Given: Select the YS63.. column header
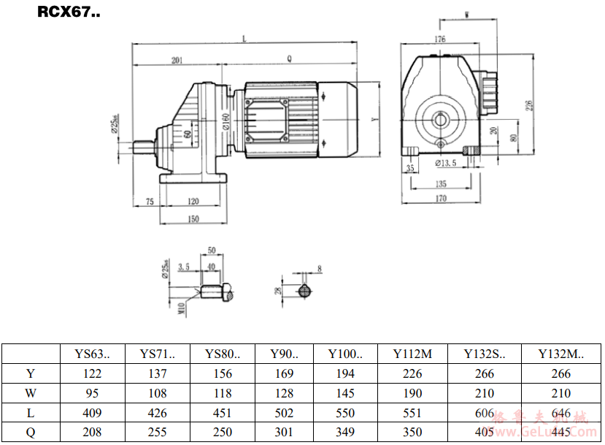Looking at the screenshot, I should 93,354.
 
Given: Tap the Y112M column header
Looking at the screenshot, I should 413,354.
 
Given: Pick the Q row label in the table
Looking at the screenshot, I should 31,432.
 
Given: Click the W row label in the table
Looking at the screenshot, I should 31,393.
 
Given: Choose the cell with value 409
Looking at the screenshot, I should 93,413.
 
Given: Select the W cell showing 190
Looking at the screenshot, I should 413,393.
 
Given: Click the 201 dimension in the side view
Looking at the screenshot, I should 177,61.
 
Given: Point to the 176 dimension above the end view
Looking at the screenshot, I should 439,39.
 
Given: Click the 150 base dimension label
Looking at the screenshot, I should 193,218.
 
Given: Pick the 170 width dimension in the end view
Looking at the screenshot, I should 442,198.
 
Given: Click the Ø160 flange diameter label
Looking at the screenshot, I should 227,121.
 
